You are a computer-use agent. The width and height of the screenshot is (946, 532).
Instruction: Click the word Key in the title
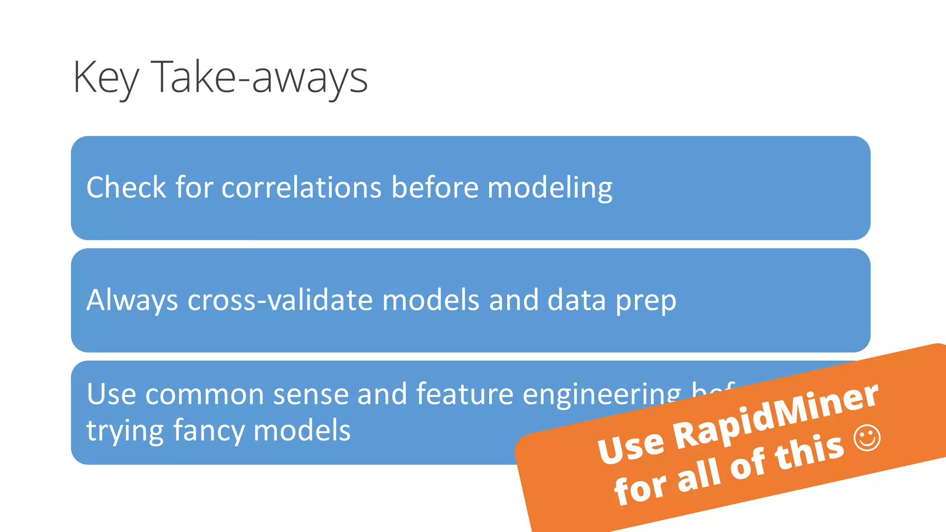(105, 78)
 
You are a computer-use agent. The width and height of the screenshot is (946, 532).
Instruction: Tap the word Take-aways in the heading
(259, 78)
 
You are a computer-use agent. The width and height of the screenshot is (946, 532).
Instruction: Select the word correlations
(301, 187)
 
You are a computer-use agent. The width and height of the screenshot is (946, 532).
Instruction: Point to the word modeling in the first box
(550, 188)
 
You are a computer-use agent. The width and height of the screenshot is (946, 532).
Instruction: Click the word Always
(132, 300)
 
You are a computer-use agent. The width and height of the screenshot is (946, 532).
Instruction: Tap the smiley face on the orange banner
(867, 438)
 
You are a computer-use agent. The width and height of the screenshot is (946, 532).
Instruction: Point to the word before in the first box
(435, 187)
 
